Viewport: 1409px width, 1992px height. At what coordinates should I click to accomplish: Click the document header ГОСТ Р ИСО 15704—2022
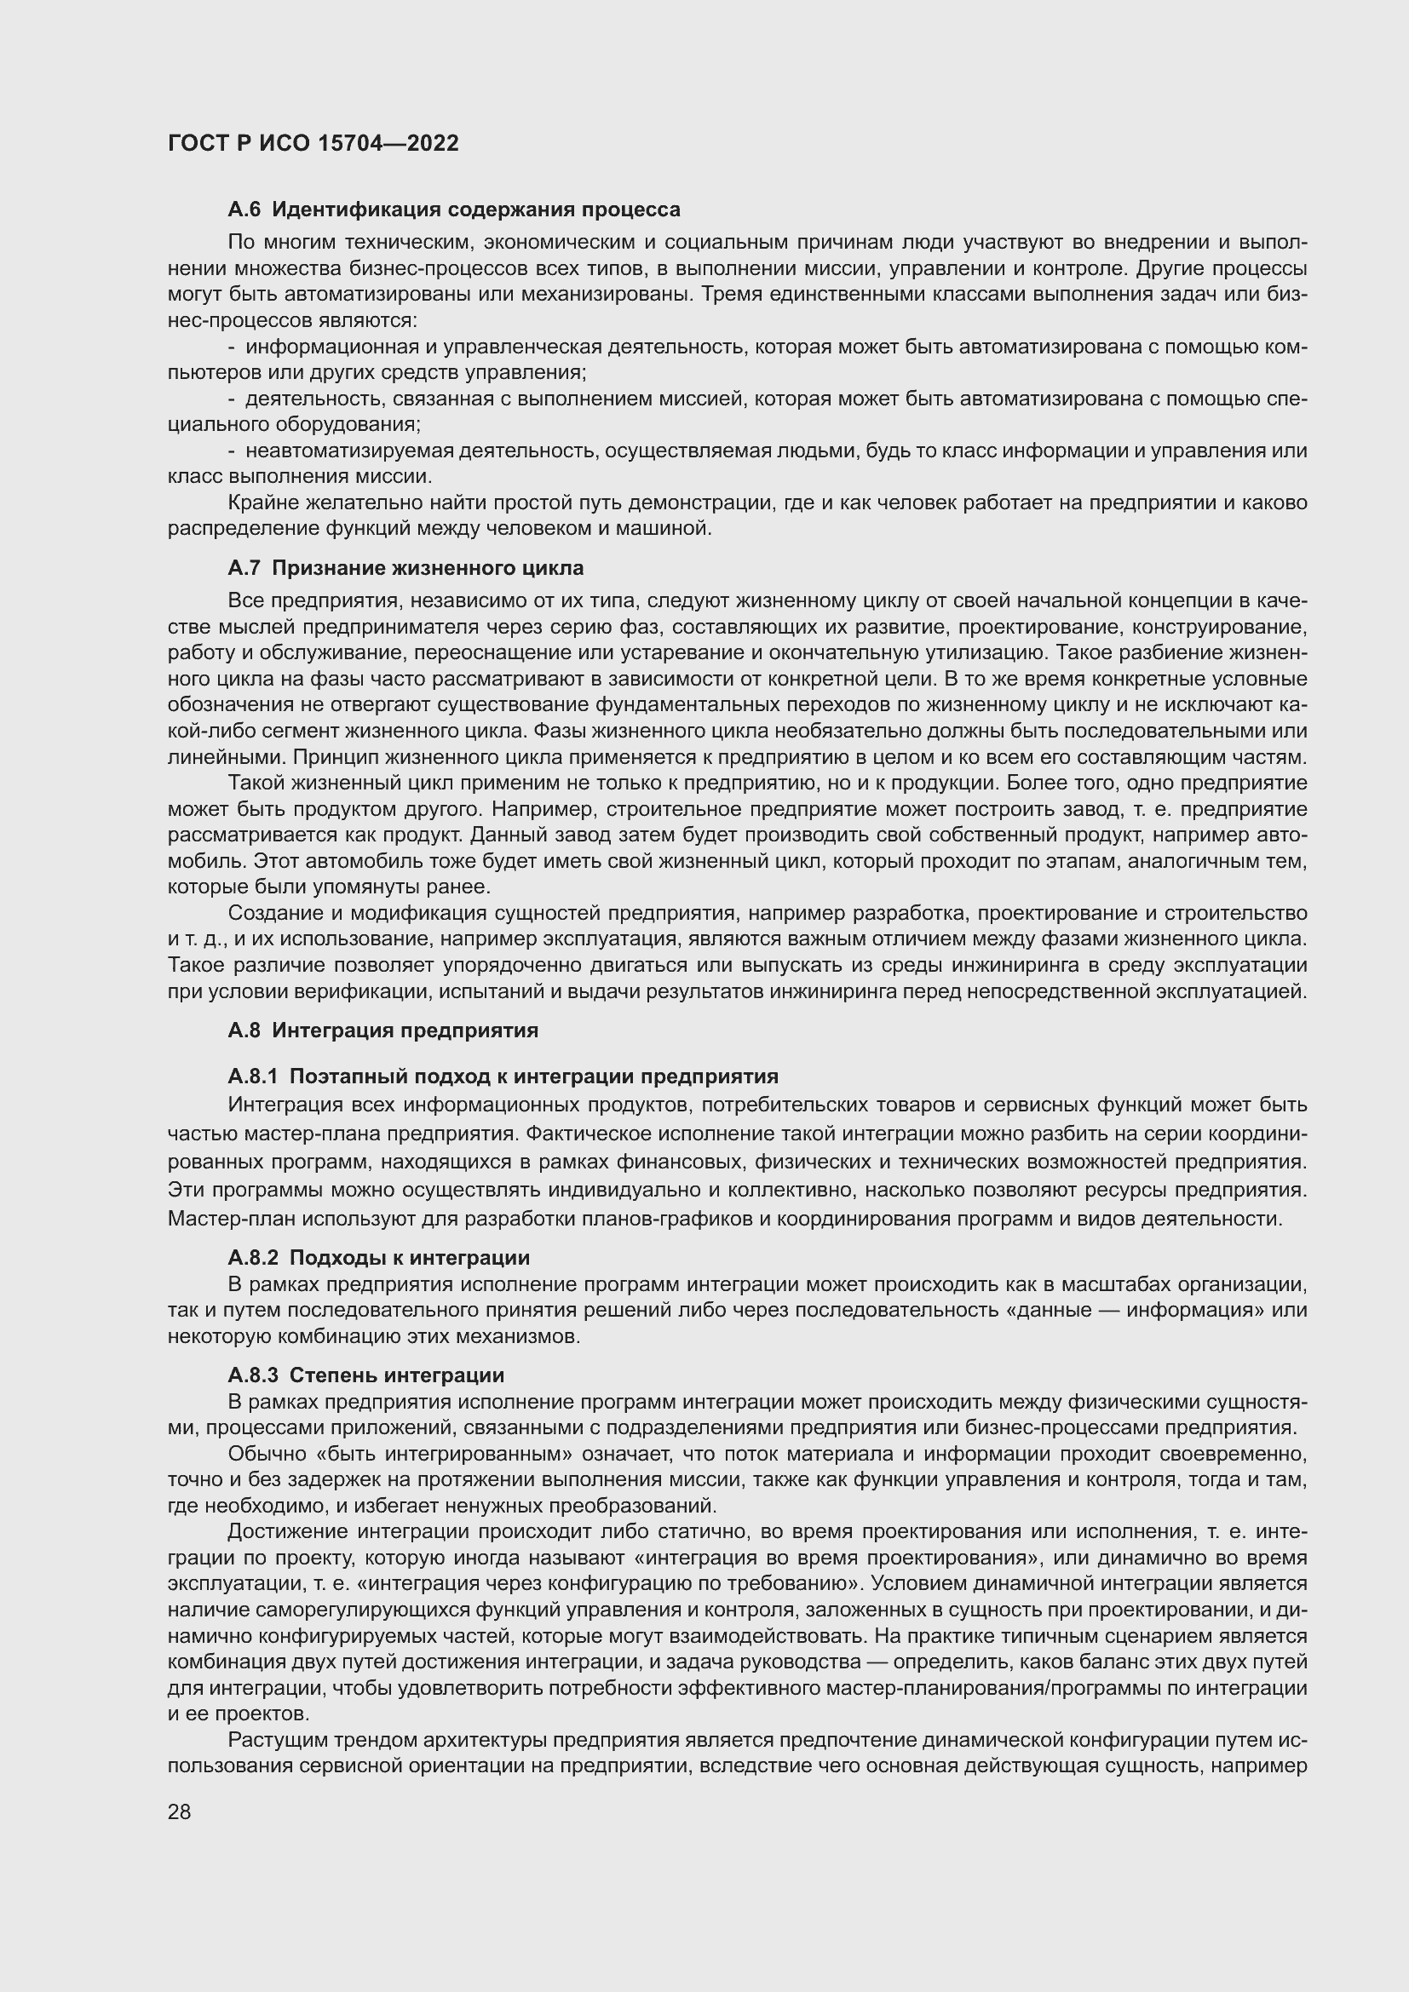[x=313, y=143]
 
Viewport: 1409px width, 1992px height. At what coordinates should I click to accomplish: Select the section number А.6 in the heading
[x=244, y=210]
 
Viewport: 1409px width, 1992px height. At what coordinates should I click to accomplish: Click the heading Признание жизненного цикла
[x=428, y=568]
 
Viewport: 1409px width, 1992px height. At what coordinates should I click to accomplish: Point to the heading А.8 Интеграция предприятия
[x=382, y=1030]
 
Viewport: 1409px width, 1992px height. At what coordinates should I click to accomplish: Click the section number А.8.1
[x=252, y=1076]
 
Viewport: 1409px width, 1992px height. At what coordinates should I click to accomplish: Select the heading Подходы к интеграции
[x=410, y=1258]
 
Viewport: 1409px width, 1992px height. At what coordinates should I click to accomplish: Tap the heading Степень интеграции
[x=396, y=1375]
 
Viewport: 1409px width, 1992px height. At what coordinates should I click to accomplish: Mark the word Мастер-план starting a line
[x=221, y=1219]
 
